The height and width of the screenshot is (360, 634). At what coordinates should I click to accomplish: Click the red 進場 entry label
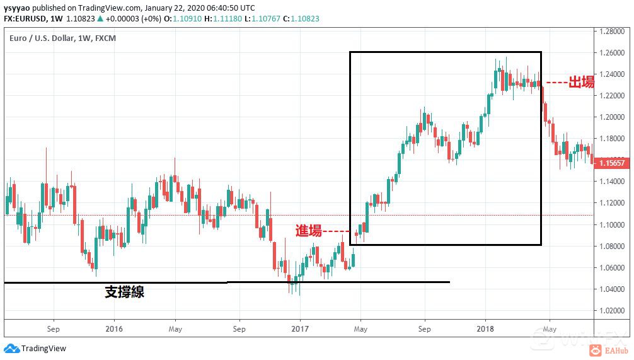click(x=309, y=230)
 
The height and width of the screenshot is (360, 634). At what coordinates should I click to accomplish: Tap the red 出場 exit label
click(x=581, y=82)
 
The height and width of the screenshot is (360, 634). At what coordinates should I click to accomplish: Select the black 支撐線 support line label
click(x=124, y=291)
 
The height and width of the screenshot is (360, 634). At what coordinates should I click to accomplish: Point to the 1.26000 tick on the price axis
click(x=613, y=53)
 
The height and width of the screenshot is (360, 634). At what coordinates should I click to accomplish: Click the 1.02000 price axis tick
click(x=613, y=310)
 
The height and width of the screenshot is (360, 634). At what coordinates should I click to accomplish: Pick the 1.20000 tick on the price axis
click(x=613, y=117)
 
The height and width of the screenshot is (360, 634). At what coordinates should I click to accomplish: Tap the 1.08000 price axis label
click(x=613, y=246)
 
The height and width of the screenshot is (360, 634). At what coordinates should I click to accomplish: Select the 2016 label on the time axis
click(x=114, y=328)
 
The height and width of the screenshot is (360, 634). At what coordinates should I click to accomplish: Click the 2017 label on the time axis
click(x=300, y=328)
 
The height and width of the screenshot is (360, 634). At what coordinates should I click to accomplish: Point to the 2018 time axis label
click(x=485, y=328)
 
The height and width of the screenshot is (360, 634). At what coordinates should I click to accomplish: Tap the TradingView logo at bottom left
click(x=35, y=349)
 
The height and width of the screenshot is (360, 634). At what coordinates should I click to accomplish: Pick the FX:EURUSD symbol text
click(x=24, y=19)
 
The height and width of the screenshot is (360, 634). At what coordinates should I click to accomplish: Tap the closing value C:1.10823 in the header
click(x=301, y=19)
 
